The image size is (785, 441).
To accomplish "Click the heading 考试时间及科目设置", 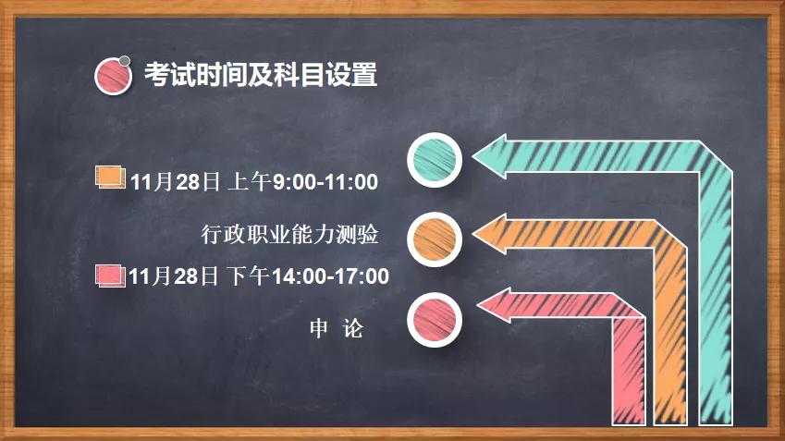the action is (x=261, y=75).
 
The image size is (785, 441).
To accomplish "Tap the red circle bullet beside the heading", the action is (x=113, y=76).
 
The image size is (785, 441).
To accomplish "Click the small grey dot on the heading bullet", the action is (x=125, y=61).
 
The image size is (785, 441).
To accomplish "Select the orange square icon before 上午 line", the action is (x=111, y=178).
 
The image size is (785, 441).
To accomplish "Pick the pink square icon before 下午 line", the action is (x=110, y=276).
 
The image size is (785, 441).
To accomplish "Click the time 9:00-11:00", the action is (x=325, y=182).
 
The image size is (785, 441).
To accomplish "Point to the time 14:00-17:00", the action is (x=330, y=276).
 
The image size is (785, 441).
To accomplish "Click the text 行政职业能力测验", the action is (x=290, y=234).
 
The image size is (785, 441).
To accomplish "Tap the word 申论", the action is (x=337, y=329).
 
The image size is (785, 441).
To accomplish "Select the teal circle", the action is (x=435, y=160).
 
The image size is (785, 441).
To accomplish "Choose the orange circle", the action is (x=435, y=239).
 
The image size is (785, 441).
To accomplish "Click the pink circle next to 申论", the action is (x=435, y=320).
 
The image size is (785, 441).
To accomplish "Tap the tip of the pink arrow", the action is (x=477, y=305).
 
